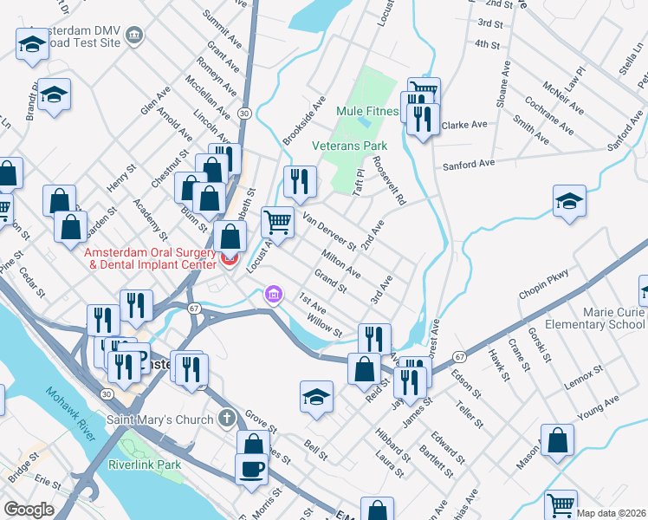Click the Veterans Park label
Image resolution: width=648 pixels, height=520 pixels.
(x=349, y=146)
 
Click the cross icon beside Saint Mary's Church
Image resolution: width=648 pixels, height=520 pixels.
(x=226, y=419)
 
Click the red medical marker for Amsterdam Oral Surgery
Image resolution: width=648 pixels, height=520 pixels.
(x=230, y=258)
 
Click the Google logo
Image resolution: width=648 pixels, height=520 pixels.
(x=29, y=510)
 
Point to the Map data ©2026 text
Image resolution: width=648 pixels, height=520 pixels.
(x=611, y=513)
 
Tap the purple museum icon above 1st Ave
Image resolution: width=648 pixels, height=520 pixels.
(x=274, y=296)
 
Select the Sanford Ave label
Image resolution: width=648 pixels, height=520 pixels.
(x=468, y=164)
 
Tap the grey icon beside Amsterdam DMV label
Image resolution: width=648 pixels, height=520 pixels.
(x=133, y=35)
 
